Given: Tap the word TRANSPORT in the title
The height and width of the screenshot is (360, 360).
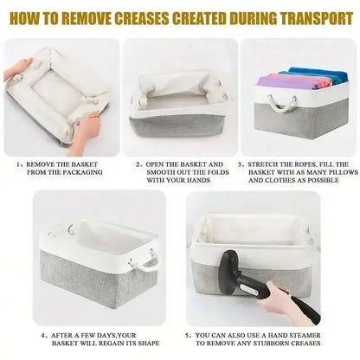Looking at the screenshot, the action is [x=317, y=18].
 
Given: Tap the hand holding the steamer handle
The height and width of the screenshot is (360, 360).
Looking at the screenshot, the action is [x=274, y=299].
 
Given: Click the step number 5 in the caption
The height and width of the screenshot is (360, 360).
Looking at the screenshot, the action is [x=188, y=336].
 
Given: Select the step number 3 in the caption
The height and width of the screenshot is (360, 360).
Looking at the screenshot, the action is [x=240, y=164].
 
